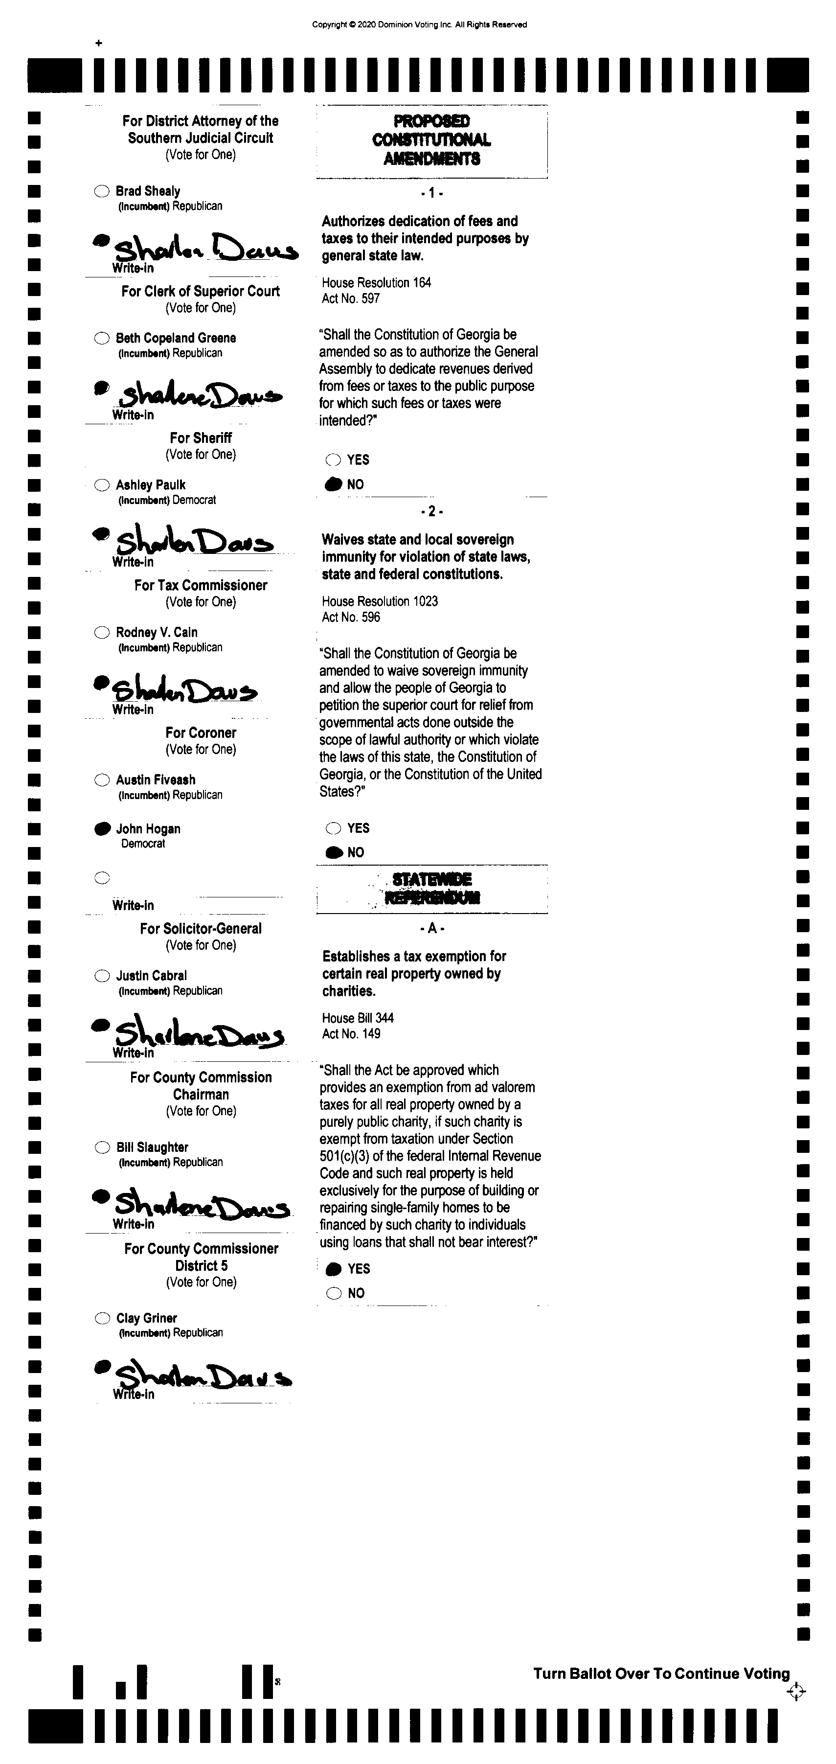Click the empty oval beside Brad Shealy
101,191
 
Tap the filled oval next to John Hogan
102,828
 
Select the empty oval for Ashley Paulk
101,485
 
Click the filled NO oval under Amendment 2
334,852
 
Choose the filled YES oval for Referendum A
334,1269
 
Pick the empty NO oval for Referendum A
334,1293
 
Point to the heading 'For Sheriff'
201,437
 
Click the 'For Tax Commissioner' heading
201,585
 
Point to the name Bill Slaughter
152,1147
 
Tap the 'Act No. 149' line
351,1033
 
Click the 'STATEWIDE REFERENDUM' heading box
431,888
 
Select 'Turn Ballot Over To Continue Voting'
661,1673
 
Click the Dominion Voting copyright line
419,24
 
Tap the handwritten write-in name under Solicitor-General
199,1034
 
